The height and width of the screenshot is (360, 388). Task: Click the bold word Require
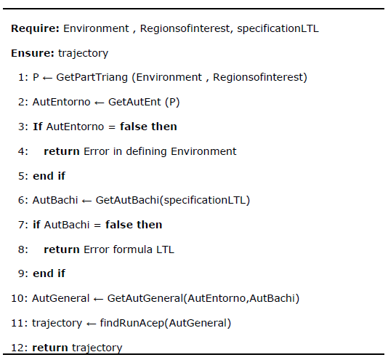(35, 29)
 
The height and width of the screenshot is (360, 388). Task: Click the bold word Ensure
(33, 53)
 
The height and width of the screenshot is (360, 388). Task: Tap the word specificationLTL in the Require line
(278, 29)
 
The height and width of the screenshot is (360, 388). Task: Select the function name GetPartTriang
(92, 77)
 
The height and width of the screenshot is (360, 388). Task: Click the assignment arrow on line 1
(47, 79)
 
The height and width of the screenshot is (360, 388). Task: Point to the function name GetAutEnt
(134, 102)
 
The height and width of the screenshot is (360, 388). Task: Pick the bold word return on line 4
(62, 151)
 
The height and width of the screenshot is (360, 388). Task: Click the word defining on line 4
(146, 151)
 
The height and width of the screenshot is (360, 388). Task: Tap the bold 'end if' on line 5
(49, 176)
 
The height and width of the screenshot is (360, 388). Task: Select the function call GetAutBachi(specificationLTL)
(173, 200)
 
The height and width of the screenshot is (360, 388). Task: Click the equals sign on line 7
(97, 225)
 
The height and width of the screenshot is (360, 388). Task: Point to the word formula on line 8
(132, 249)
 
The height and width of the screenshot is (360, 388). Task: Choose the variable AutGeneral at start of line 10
(60, 298)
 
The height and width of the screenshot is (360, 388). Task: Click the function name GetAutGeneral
(145, 298)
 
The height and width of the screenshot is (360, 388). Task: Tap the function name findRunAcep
(132, 323)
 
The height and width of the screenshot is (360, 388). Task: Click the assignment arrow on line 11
(91, 324)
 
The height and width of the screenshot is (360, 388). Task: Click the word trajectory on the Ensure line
(83, 54)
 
